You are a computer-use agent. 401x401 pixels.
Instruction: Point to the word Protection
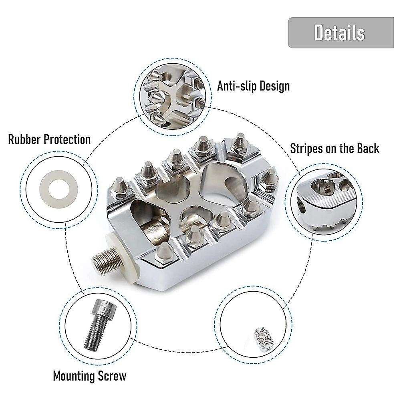pyautogui.click(x=67, y=139)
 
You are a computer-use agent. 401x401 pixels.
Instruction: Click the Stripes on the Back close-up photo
pyautogui.click(x=324, y=202)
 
